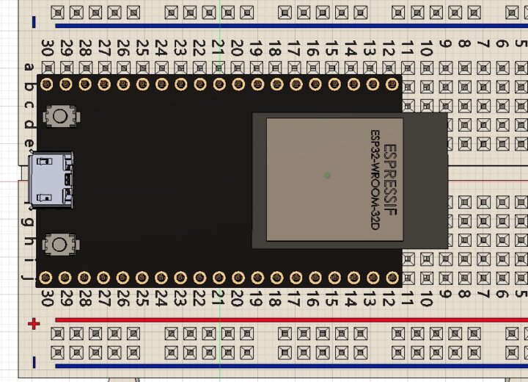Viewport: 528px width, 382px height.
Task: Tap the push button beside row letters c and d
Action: tap(62, 115)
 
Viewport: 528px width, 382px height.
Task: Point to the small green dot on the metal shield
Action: tap(327, 175)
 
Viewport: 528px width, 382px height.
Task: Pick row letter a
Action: tap(29, 68)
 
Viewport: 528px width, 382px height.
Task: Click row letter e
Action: tap(29, 144)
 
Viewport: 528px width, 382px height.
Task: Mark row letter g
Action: tap(29, 221)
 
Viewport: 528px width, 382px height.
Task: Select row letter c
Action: tap(29, 105)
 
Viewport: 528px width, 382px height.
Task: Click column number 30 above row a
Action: tap(47, 48)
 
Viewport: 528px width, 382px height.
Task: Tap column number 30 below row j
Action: tap(47, 299)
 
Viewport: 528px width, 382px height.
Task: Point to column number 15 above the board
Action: tap(332, 48)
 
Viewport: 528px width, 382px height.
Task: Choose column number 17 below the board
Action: tap(294, 299)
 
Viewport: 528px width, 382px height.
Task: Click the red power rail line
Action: tap(293, 320)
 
